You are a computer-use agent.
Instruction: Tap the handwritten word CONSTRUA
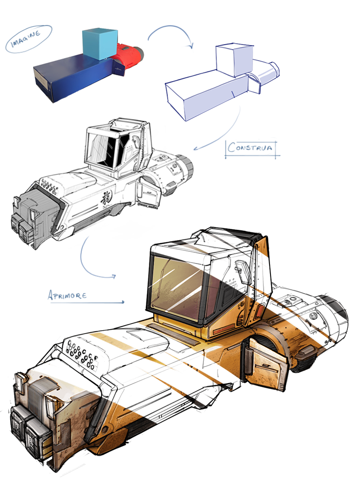250,147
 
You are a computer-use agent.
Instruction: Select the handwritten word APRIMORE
67,295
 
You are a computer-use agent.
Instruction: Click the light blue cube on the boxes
100,44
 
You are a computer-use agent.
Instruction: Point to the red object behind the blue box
130,56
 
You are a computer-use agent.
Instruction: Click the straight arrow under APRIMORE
87,302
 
